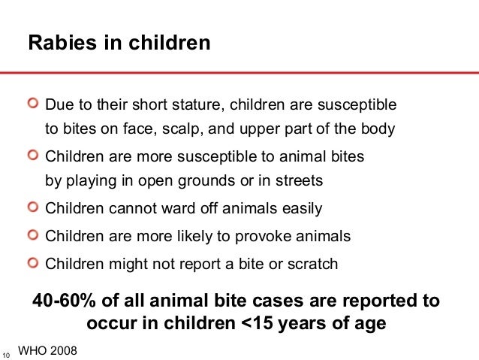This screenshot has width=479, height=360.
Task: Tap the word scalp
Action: pyautogui.click(x=181, y=128)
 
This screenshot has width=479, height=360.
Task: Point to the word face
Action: pyautogui.click(x=136, y=128)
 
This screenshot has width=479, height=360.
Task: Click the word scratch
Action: pyautogui.click(x=312, y=264)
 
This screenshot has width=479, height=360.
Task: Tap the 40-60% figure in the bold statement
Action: pyautogui.click(x=67, y=301)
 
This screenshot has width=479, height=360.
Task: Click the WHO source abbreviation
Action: pyautogui.click(x=32, y=349)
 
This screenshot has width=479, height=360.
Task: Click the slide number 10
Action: pyautogui.click(x=7, y=354)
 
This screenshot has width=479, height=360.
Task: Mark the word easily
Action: pyautogui.click(x=301, y=209)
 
